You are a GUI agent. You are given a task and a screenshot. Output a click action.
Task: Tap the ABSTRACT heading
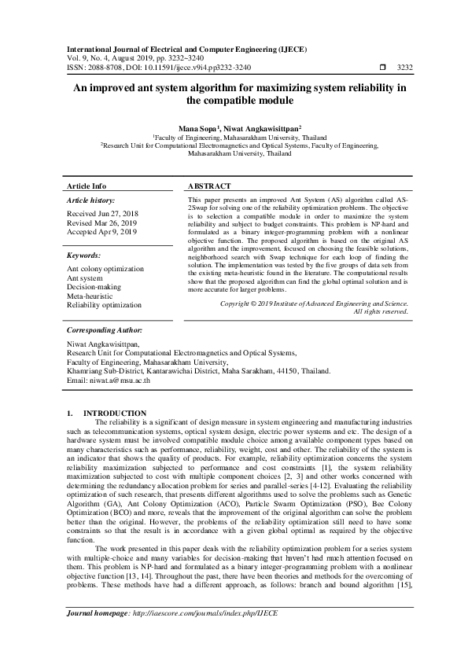click(x=209, y=186)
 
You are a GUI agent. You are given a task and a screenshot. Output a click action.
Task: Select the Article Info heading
click(x=87, y=186)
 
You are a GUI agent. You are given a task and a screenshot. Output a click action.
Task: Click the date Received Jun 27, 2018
click(x=101, y=213)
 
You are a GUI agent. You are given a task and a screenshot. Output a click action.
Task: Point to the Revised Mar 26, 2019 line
click(x=101, y=223)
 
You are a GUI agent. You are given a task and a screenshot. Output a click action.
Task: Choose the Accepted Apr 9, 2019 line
click(x=101, y=232)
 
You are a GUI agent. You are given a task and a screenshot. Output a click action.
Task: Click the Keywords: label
click(x=83, y=256)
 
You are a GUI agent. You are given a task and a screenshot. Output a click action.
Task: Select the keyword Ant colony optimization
click(x=105, y=269)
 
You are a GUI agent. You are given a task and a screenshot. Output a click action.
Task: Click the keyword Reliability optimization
click(x=104, y=304)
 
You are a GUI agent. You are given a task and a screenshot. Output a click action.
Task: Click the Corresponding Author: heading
click(x=104, y=330)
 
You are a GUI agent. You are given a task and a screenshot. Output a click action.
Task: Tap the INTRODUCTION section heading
click(x=115, y=413)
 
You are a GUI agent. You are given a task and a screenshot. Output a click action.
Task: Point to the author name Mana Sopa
click(x=199, y=127)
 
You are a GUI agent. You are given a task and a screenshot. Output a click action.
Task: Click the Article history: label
click(x=91, y=201)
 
